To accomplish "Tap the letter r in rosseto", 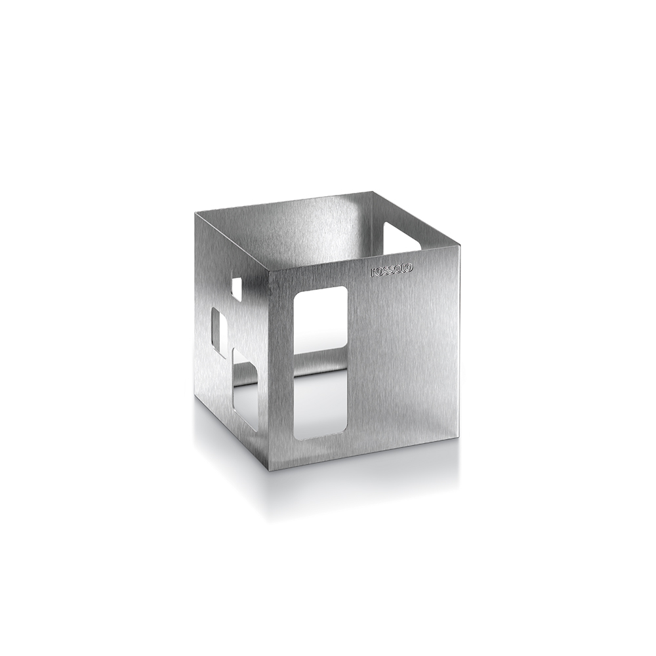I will click(373, 272).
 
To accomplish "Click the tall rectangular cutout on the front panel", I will click(320, 363).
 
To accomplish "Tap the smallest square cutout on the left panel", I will click(236, 289).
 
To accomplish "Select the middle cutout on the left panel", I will click(219, 333).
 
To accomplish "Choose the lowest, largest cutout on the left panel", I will click(245, 391).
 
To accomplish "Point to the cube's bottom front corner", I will click(268, 470).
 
